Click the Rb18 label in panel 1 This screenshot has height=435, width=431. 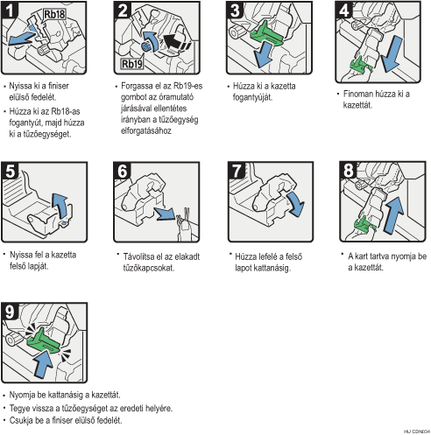click(54, 14)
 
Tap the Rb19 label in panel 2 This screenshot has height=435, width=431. click(132, 64)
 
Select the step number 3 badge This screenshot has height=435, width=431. click(235, 10)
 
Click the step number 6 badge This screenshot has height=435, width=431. click(123, 171)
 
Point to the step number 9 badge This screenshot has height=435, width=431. click(11, 312)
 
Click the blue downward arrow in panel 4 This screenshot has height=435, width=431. click(392, 54)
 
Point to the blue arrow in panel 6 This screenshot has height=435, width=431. click(165, 214)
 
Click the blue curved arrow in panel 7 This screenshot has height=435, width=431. click(296, 204)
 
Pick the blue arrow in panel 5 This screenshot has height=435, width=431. click(60, 205)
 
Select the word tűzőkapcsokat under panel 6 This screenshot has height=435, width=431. click(149, 268)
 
